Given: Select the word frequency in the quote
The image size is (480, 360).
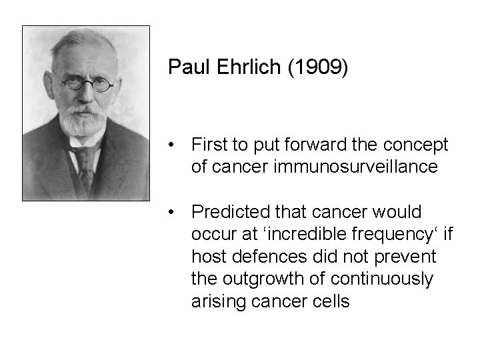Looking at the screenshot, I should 399,235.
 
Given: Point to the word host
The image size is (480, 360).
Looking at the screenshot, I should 207,257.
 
